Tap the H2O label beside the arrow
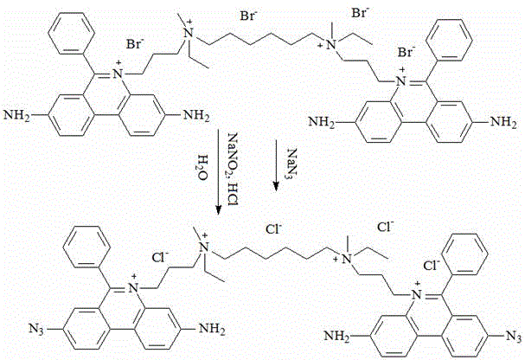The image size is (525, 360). tap(202, 167)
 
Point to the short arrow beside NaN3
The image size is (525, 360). tap(276, 165)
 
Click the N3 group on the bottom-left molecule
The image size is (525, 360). tap(36, 328)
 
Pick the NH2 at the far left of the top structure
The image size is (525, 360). tap(16, 116)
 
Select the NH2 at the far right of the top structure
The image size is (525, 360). tap(503, 121)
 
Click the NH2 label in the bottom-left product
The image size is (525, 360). tap(212, 329)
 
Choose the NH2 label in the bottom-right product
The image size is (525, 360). tap(337, 336)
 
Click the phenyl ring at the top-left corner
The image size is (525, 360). tap(71, 33)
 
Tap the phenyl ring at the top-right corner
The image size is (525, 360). tap(450, 40)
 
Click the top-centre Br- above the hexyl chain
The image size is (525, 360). tap(248, 16)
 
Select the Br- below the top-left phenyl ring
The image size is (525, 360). tap(135, 44)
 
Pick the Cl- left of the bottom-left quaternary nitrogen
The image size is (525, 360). tap(160, 258)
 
